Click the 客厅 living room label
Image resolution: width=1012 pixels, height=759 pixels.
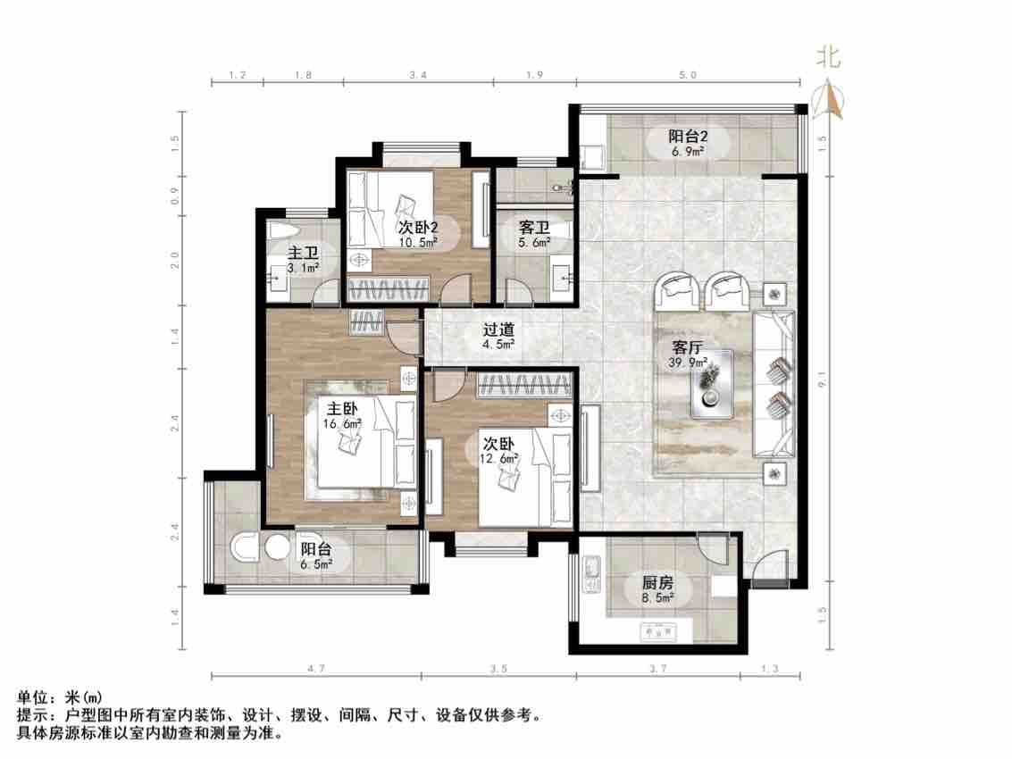click(x=685, y=347)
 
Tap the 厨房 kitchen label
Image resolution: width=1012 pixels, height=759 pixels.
click(x=657, y=584)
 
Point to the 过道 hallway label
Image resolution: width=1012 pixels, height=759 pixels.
click(x=497, y=329)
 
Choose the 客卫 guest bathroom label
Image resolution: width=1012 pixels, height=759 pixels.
click(x=534, y=228)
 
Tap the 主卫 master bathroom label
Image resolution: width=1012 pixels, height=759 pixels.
click(x=301, y=251)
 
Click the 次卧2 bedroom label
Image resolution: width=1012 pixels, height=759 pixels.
click(x=417, y=227)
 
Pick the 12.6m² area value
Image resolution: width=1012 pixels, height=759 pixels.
click(x=498, y=459)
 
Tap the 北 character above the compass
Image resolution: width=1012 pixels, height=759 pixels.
click(x=828, y=58)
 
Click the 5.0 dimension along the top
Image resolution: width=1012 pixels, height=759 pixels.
click(x=687, y=77)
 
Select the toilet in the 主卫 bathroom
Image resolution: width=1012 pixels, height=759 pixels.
click(x=279, y=234)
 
